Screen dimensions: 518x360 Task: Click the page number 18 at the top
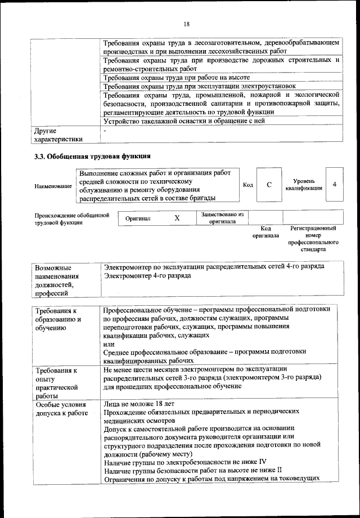pos(186,23)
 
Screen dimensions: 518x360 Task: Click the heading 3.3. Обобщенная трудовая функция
pos(93,155)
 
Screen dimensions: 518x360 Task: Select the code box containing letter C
pos(269,185)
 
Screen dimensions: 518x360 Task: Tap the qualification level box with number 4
pos(335,184)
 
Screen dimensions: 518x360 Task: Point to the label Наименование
pos(53,186)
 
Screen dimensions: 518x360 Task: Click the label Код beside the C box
pos(247,185)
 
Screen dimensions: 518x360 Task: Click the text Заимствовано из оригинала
pos(222,218)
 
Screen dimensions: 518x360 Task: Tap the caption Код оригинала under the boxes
pos(265,233)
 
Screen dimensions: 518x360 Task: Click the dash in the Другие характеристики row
pos(105,131)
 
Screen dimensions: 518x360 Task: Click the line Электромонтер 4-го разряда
pos(147,276)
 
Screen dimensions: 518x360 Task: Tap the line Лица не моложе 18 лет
pos(139,404)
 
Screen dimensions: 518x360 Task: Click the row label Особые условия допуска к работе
pos(61,409)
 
